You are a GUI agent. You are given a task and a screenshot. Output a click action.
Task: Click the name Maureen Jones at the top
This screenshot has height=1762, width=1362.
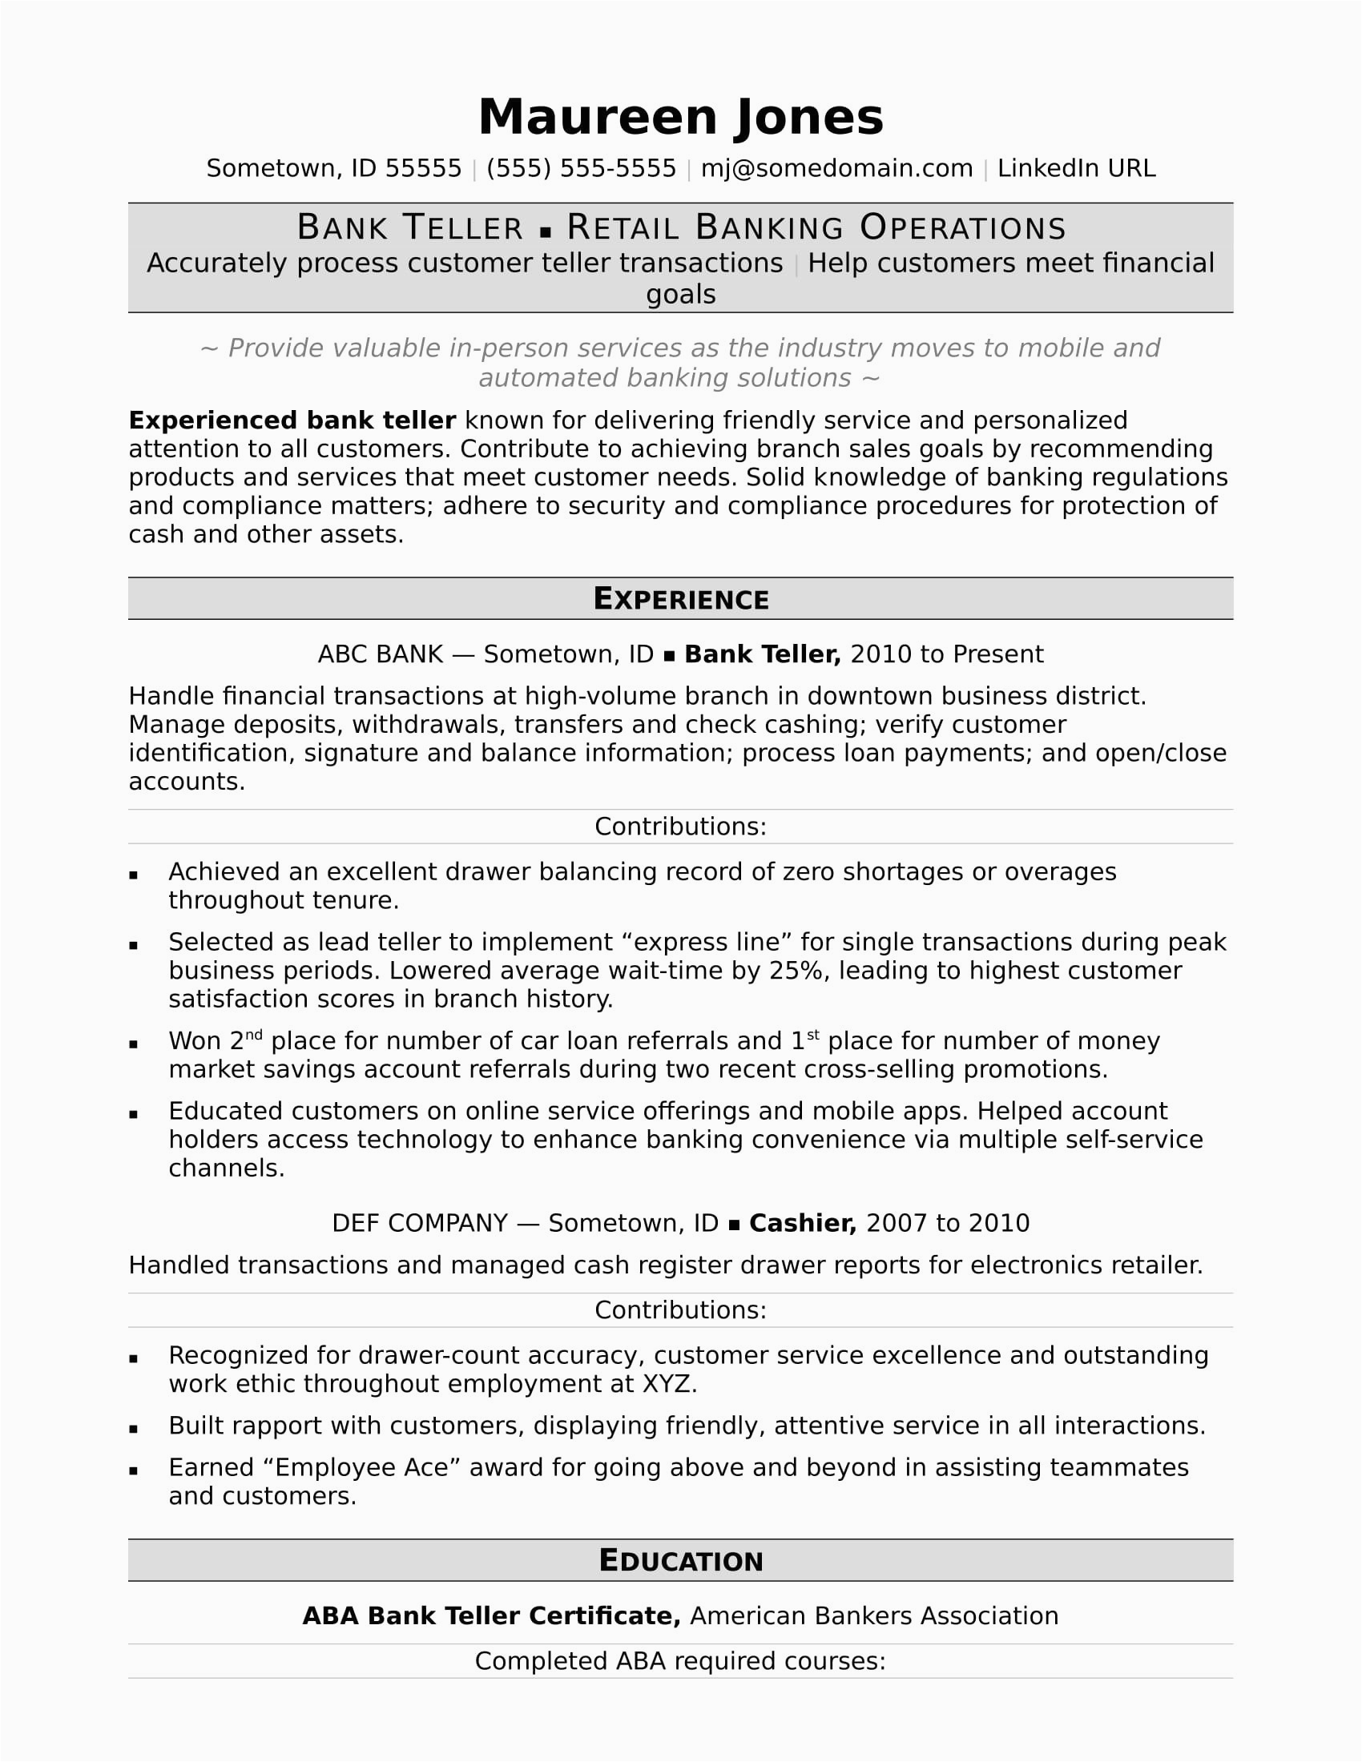point(680,118)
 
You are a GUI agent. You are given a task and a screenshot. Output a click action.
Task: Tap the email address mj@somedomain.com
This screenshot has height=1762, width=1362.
point(836,169)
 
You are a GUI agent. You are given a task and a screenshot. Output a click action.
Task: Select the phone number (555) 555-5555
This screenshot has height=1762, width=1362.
point(581,169)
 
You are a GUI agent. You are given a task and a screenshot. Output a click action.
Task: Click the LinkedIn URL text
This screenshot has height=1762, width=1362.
point(1075,169)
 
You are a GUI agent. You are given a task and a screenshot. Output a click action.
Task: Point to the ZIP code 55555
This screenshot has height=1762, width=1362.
point(423,169)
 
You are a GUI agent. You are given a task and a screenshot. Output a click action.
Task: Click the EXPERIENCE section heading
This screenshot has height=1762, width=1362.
point(680,598)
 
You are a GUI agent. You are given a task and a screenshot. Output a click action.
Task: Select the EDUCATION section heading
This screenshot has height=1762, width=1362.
point(680,1560)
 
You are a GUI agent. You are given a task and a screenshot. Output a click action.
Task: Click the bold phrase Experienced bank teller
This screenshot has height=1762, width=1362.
point(292,420)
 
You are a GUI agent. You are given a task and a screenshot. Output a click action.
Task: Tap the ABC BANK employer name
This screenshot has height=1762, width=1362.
point(380,654)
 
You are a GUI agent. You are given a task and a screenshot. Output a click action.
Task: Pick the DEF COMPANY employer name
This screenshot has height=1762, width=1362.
point(420,1223)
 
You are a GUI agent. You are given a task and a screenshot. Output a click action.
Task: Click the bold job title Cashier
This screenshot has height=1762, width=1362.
point(802,1223)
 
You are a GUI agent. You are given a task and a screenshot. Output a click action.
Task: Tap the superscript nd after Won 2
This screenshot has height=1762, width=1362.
point(253,1035)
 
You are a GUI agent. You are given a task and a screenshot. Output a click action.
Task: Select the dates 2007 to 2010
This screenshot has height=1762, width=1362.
point(947,1223)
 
